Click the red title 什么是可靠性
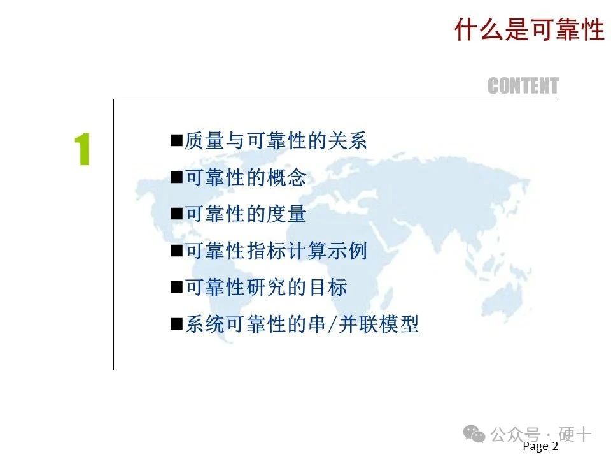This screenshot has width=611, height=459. point(529,29)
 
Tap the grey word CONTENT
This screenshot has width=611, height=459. point(523,86)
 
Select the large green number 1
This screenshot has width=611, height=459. point(83,149)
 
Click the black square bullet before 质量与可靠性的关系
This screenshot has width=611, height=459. point(176,140)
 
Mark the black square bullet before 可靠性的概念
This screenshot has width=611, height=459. point(176,177)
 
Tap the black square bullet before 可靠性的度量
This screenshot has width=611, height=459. point(176,214)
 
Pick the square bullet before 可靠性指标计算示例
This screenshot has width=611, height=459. point(176,251)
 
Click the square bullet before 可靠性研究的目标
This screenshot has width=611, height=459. point(176,288)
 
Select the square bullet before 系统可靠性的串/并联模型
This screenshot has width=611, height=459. point(176,324)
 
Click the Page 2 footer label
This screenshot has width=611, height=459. point(540,446)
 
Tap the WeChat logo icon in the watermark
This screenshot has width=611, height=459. point(474,434)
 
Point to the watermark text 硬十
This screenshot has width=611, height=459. point(575,434)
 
